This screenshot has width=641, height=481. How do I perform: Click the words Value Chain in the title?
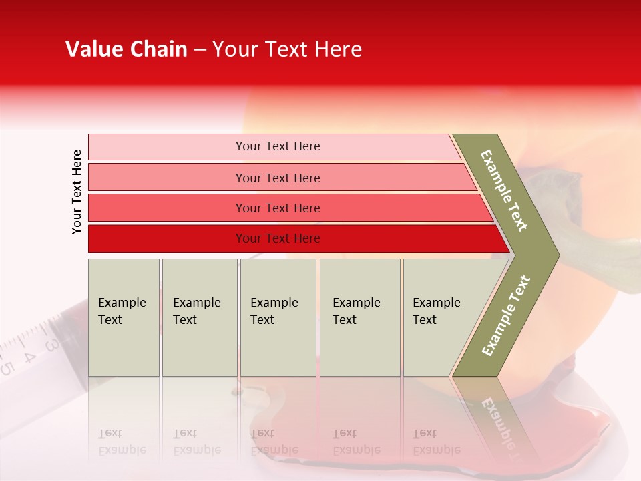tap(126, 49)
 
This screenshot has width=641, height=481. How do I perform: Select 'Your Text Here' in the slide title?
tap(287, 49)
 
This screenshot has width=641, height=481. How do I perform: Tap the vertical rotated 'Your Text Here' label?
tap(77, 192)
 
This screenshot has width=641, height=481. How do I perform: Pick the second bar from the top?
tap(277, 178)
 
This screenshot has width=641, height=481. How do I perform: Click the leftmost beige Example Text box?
tap(124, 317)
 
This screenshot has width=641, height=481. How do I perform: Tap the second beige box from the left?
tap(199, 317)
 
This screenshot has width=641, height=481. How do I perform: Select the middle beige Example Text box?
tap(278, 317)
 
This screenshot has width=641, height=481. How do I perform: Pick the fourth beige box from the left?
tap(360, 317)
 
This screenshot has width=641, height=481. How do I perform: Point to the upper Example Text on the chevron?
tap(504, 190)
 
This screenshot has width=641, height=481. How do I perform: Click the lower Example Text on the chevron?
tap(506, 315)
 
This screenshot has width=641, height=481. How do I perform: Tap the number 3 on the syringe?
tap(51, 345)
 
